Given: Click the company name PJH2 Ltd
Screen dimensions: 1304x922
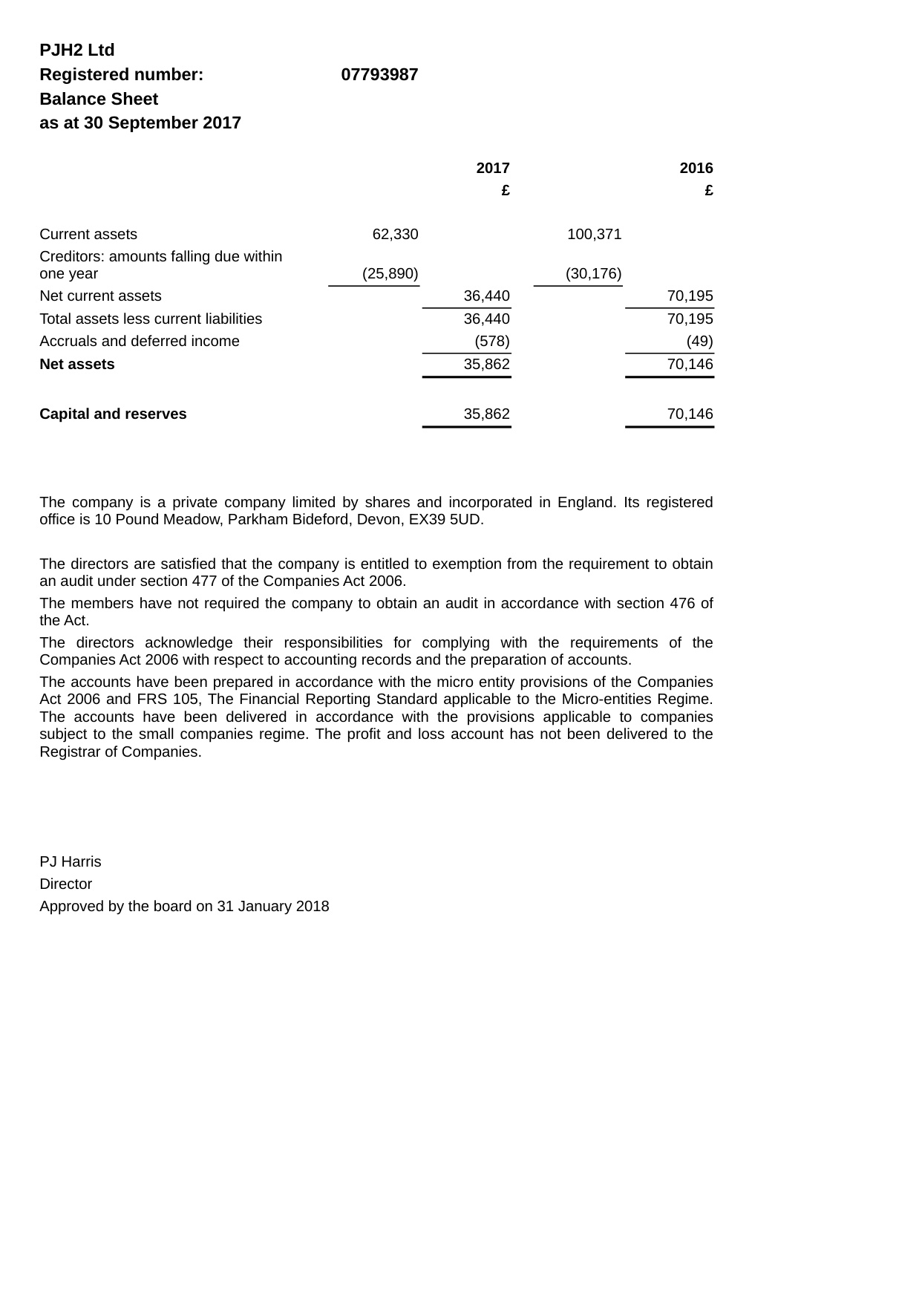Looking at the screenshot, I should pyautogui.click(x=77, y=50).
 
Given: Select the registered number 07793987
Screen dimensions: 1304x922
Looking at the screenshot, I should pyautogui.click(x=379, y=75).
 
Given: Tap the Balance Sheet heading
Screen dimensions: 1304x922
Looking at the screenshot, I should pyautogui.click(x=99, y=100).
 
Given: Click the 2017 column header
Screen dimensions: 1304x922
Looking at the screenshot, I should pyautogui.click(x=493, y=169).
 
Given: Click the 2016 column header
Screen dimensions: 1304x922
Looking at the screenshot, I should pyautogui.click(x=696, y=169).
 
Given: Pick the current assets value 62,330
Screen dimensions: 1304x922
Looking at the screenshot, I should pyautogui.click(x=395, y=235).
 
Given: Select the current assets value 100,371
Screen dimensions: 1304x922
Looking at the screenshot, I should pyautogui.click(x=594, y=235).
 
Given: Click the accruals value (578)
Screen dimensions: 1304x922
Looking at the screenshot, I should pyautogui.click(x=492, y=342).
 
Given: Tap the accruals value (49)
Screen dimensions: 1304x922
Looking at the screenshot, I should pyautogui.click(x=699, y=342).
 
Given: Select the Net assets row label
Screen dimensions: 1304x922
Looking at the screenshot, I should pyautogui.click(x=77, y=365).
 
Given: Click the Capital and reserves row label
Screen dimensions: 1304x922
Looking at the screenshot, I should pyautogui.click(x=113, y=414).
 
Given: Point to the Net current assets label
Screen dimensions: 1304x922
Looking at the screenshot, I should pyautogui.click(x=100, y=296).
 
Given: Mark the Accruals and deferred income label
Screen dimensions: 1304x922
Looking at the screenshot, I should pyautogui.click(x=140, y=342).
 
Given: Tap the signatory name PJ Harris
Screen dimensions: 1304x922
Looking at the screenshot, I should pyautogui.click(x=71, y=862).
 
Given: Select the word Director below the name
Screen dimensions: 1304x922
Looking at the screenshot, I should pyautogui.click(x=66, y=884).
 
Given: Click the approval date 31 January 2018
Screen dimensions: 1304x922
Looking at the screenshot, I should pyautogui.click(x=273, y=907).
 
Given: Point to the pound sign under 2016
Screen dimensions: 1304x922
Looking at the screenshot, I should pyautogui.click(x=709, y=191).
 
